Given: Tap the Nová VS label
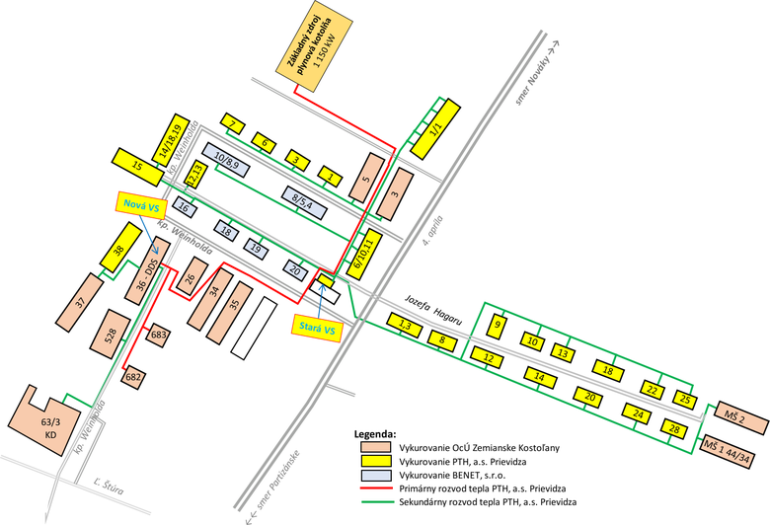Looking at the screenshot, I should (x=139, y=205).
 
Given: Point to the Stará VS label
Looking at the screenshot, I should (x=318, y=328).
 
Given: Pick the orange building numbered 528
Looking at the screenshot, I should (x=111, y=334).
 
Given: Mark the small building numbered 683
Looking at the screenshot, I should (x=157, y=336).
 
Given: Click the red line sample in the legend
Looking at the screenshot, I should (x=375, y=487).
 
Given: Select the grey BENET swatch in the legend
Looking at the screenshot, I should (x=375, y=474).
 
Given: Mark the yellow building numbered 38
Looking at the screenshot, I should (x=117, y=252).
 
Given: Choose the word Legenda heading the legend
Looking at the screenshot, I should (x=376, y=432).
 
